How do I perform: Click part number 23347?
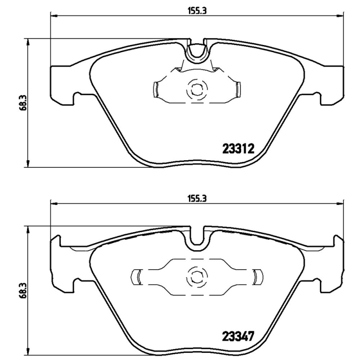click(x=238, y=336)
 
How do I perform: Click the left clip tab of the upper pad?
click(x=156, y=90)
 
